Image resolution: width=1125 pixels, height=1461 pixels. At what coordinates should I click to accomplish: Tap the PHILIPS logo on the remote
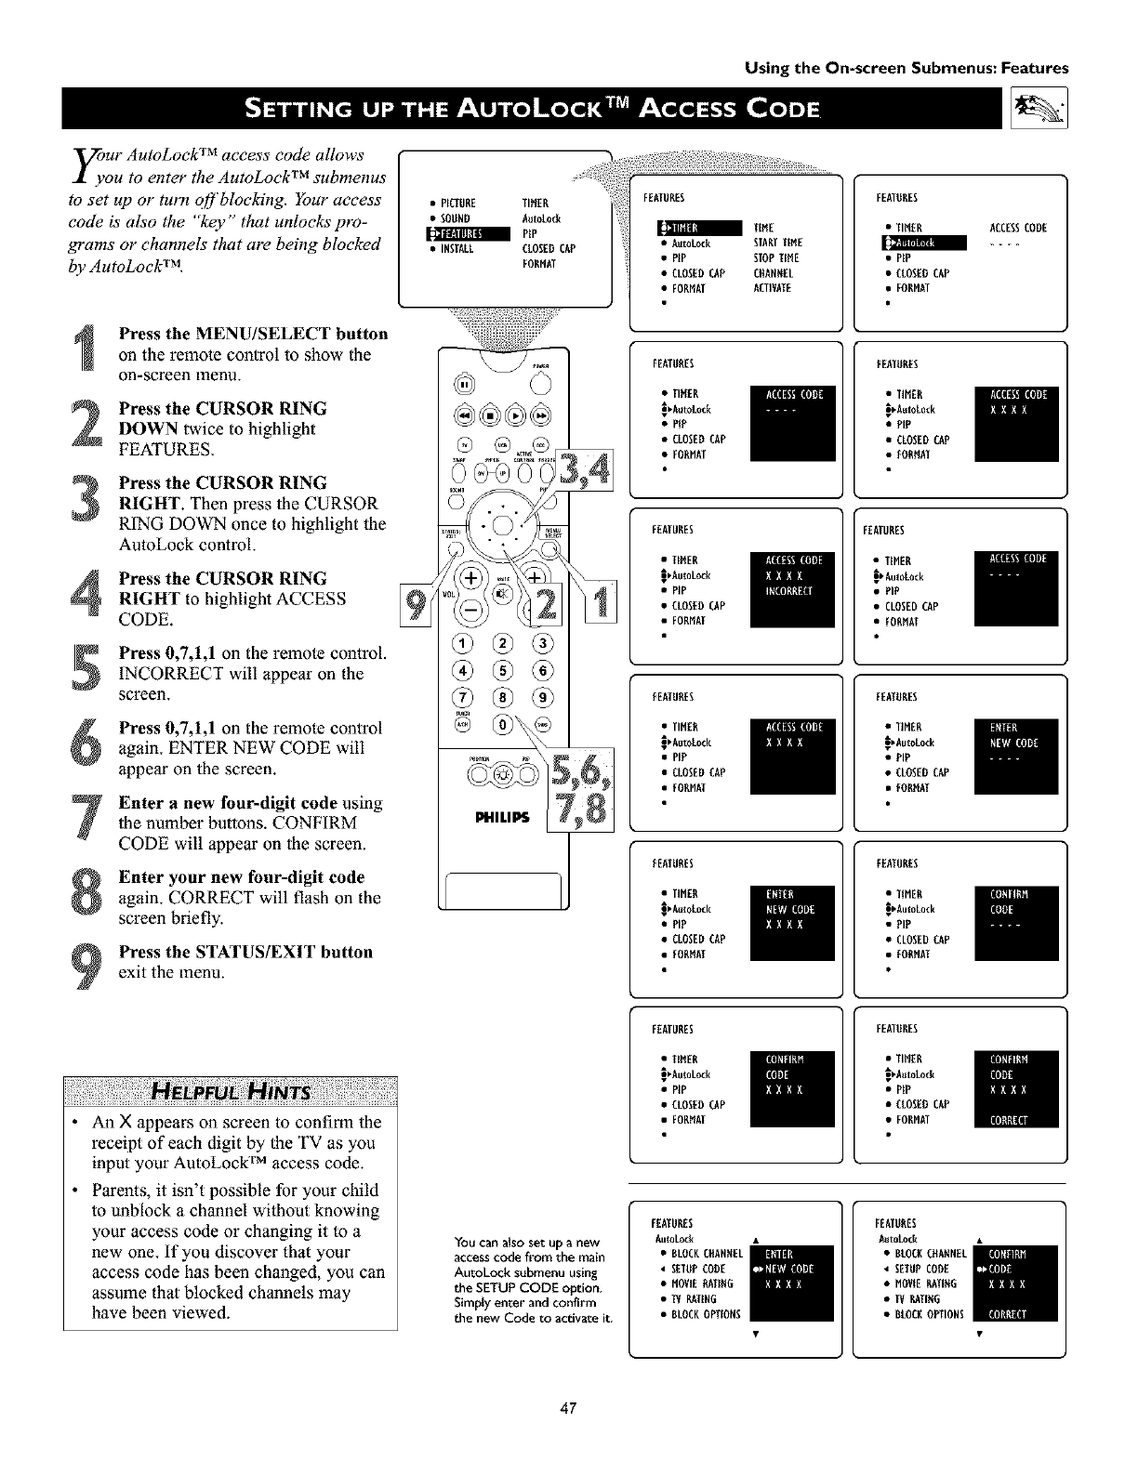(502, 818)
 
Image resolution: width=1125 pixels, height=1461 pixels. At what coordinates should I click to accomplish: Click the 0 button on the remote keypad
(503, 724)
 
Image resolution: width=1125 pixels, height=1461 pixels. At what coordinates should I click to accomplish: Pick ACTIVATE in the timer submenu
(773, 288)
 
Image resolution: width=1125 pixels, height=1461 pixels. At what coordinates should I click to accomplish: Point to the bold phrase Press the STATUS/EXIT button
(245, 952)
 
